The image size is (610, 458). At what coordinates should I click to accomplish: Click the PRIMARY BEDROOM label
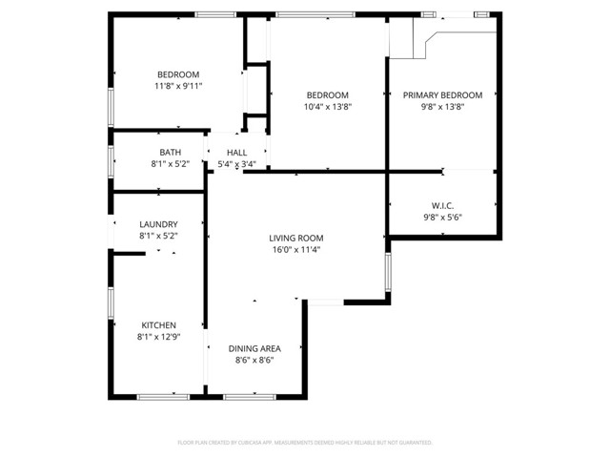click(442, 95)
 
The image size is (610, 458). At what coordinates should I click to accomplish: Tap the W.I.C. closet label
click(442, 206)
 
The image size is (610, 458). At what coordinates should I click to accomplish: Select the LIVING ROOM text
click(295, 239)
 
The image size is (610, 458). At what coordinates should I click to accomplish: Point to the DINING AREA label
click(254, 348)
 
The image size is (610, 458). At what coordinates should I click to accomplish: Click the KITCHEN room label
click(159, 324)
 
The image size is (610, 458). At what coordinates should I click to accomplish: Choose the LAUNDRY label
click(159, 224)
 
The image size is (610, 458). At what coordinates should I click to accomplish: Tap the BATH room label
click(171, 153)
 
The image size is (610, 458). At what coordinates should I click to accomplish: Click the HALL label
click(236, 153)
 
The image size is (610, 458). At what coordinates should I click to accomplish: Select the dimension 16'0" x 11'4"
click(295, 250)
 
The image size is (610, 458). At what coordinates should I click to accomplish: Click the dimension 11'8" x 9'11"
click(178, 86)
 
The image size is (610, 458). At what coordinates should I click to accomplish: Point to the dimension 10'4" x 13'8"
click(327, 107)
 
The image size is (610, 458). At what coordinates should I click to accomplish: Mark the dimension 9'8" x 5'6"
click(442, 218)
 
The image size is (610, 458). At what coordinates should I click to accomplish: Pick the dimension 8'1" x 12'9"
click(159, 336)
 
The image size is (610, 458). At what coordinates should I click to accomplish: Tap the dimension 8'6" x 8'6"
click(254, 360)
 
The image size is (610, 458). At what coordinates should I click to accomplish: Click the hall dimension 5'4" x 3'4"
click(236, 164)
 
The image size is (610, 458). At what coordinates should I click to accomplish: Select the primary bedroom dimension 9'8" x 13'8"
click(442, 107)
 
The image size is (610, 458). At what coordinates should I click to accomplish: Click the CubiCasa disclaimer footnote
click(305, 443)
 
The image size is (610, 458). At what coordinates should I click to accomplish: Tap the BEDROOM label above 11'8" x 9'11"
click(178, 75)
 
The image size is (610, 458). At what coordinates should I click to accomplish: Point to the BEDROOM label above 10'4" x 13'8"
click(327, 95)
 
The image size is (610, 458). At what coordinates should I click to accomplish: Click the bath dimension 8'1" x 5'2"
click(171, 164)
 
